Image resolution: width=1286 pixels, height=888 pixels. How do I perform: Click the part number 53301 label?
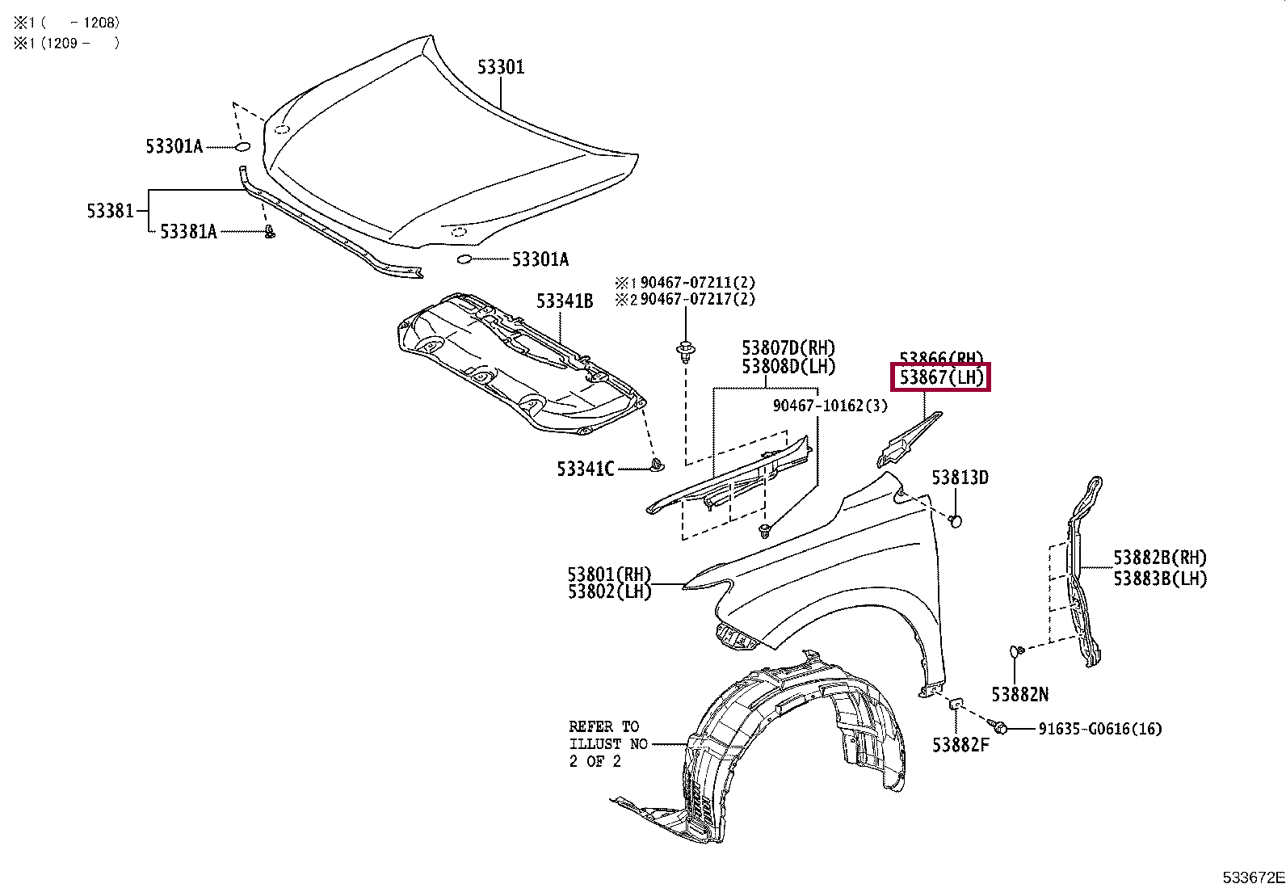pos(501,67)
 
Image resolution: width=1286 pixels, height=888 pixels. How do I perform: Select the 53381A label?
pos(188,232)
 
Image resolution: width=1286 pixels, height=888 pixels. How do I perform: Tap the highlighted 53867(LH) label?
pos(941,377)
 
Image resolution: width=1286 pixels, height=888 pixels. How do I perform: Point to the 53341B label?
pos(565,301)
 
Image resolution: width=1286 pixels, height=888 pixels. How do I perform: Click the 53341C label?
pos(585,469)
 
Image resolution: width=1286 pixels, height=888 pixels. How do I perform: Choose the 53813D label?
pos(960,478)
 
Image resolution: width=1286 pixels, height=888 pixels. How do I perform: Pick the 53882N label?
pos(1019,694)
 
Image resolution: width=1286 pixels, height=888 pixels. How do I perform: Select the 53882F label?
pos(960,745)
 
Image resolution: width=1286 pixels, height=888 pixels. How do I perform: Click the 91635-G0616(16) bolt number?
pos(1100,729)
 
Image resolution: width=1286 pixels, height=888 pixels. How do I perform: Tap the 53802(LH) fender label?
pos(609,591)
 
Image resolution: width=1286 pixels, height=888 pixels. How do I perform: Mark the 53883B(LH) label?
pos(1160,579)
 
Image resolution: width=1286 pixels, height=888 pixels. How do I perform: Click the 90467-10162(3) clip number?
pos(830,406)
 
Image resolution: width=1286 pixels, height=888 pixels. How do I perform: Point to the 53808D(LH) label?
pos(788,367)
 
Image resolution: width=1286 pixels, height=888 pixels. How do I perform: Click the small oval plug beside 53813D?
pos(955,520)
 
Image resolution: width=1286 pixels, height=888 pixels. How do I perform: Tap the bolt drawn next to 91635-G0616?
pos(1001,728)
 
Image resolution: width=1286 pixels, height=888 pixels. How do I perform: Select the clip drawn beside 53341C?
pos(657,465)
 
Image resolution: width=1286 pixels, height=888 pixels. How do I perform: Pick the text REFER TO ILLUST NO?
pos(607,735)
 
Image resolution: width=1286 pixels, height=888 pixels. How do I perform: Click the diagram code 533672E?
pos(1253,877)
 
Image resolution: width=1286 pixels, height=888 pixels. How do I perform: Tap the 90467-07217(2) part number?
pos(697,299)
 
